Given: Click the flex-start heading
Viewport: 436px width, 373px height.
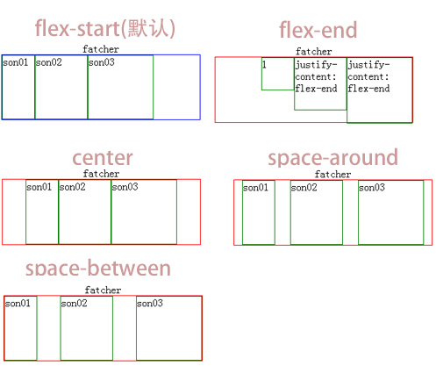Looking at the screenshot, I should click(x=105, y=29).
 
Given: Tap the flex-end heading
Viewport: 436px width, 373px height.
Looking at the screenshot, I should click(x=318, y=31).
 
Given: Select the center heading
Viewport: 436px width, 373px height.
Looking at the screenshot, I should click(x=103, y=158).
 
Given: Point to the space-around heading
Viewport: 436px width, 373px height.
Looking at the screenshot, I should click(x=332, y=158).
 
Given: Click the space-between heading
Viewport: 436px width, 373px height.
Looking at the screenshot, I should click(x=98, y=269).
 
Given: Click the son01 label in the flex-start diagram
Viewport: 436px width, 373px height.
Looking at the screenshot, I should click(x=15, y=62).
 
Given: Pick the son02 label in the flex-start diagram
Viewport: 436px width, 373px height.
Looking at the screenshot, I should click(x=48, y=62).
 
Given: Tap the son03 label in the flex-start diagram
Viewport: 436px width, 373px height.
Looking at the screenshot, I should click(x=101, y=62).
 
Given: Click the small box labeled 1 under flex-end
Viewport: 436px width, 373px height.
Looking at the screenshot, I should click(x=276, y=74).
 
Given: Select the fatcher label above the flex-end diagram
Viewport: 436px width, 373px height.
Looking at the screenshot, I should click(x=313, y=52).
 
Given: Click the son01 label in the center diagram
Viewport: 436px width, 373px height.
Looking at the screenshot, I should click(x=39, y=187).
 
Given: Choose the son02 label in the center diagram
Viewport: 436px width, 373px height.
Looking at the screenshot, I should click(x=72, y=187).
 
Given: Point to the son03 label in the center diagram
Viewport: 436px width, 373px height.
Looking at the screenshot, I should click(x=125, y=187).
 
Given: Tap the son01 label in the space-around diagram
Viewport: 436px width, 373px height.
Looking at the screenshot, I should click(x=255, y=188).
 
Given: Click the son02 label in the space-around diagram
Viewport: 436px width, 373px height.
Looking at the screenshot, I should click(x=304, y=188).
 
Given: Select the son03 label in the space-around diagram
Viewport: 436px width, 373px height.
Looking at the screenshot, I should click(x=371, y=188).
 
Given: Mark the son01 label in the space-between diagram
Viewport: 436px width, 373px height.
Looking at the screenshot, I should click(x=18, y=304).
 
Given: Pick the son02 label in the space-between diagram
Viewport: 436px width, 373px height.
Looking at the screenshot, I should click(x=74, y=304).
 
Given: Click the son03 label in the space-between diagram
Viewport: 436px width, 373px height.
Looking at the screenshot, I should click(x=149, y=304).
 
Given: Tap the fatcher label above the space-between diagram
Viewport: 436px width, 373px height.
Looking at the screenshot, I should click(x=103, y=291).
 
